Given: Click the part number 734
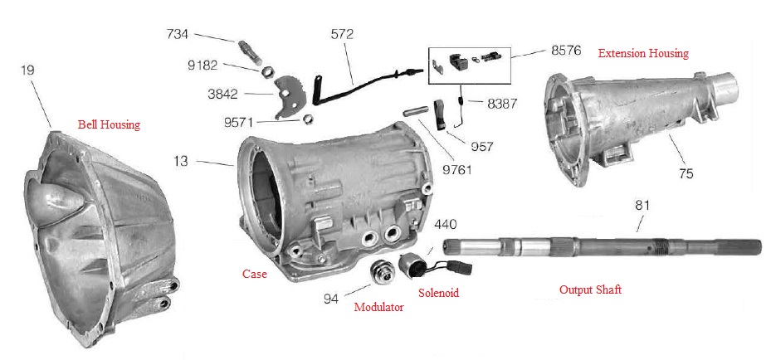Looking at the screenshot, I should [x=177, y=34].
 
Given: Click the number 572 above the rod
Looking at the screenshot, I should [x=342, y=35].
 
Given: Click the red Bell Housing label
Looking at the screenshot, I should [x=109, y=125].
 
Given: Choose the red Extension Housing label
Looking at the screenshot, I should [x=643, y=53].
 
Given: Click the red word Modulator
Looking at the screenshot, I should [x=379, y=307].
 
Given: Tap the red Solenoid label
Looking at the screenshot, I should [x=437, y=293].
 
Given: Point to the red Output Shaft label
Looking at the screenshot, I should [x=590, y=289].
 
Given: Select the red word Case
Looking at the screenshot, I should [x=254, y=274].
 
